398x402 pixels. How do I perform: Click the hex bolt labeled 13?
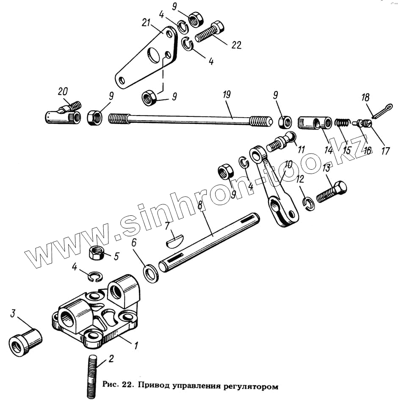[x=331, y=192]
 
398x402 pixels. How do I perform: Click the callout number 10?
[x=288, y=165]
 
